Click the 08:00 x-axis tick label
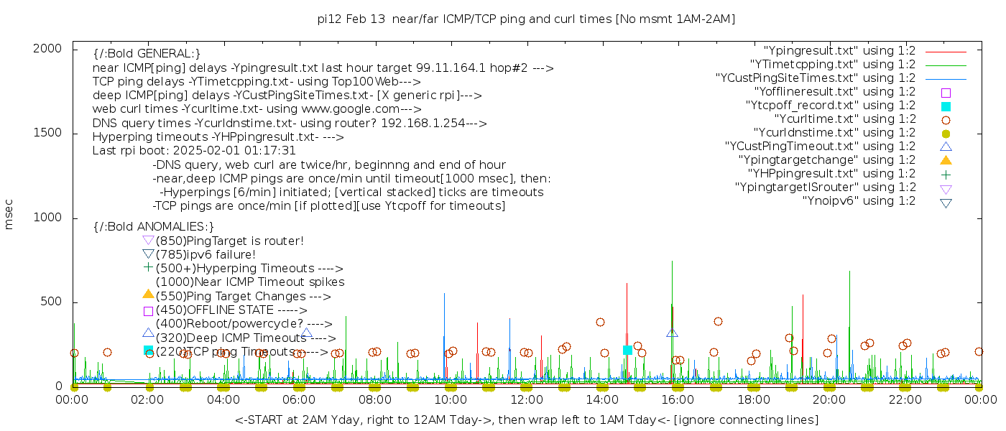tap(375, 399)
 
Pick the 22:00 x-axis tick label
tap(905, 399)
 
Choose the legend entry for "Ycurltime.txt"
tap(844, 119)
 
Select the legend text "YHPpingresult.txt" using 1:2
tap(831, 174)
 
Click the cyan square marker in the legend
tap(946, 106)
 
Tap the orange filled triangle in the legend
tap(946, 160)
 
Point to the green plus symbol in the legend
tap(946, 174)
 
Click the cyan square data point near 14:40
tap(627, 350)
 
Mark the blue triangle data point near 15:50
tap(672, 333)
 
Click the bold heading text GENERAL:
tap(147, 54)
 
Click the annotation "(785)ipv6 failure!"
tap(206, 254)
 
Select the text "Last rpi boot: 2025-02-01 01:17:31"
tap(194, 151)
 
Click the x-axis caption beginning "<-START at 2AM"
tap(526, 420)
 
